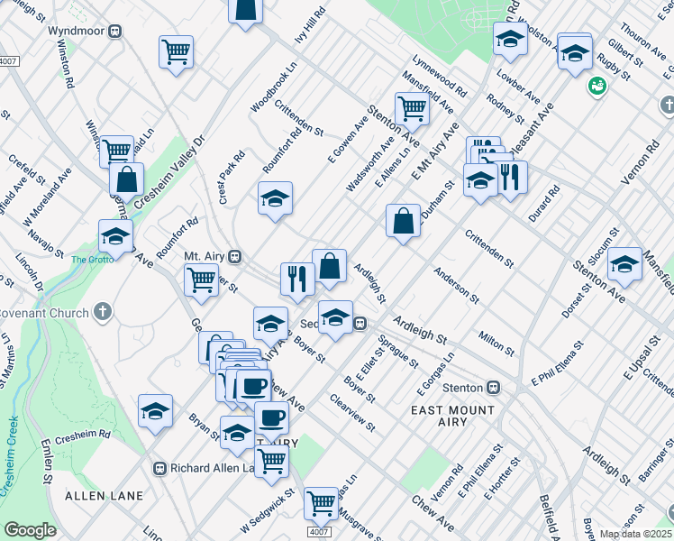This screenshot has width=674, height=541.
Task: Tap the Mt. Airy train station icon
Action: click(x=234, y=256)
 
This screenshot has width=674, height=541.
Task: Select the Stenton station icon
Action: click(x=493, y=388)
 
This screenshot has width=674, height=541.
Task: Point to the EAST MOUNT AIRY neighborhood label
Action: click(x=452, y=417)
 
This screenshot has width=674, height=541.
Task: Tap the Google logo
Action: click(x=30, y=530)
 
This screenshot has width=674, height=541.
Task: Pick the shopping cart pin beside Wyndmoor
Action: click(x=176, y=50)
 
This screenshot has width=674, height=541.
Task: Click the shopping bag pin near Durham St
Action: click(x=403, y=220)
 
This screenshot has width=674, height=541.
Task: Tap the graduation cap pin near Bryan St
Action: click(x=155, y=411)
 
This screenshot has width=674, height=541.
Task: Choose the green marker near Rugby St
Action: click(x=596, y=87)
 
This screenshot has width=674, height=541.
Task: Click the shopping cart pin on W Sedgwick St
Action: click(x=271, y=461)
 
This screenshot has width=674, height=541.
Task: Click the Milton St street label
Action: click(x=496, y=343)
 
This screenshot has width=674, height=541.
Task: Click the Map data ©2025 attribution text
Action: click(x=635, y=534)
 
